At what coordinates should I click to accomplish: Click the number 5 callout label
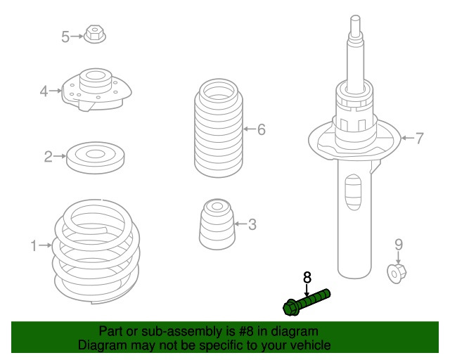[65, 37]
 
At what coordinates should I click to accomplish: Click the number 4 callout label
[44, 91]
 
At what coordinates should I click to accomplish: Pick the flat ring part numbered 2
[96, 157]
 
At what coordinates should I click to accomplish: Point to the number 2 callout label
[49, 157]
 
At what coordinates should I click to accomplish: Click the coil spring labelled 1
[96, 252]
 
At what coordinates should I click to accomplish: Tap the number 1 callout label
[34, 246]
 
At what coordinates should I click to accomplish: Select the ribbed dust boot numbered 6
[219, 128]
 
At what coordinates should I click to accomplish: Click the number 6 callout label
[262, 129]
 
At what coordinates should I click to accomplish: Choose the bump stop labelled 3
[217, 224]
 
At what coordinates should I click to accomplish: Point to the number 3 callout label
[252, 224]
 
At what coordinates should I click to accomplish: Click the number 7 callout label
[420, 139]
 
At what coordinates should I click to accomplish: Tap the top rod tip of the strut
[356, 18]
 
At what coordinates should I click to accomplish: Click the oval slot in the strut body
[353, 192]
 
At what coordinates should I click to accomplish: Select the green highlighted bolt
[307, 302]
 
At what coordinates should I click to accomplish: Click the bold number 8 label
[307, 278]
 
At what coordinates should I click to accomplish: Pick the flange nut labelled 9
[397, 274]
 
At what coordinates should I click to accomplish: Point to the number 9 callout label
[399, 245]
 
